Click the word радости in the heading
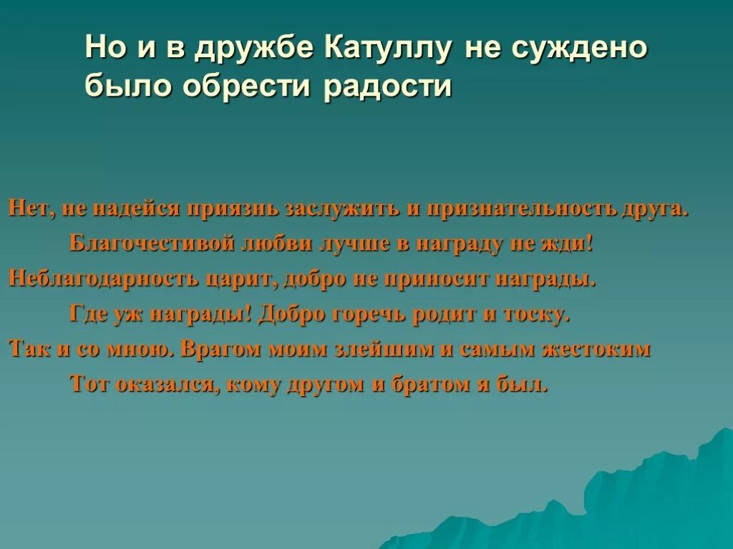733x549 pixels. (x=391, y=86)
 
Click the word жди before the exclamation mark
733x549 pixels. (x=569, y=244)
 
